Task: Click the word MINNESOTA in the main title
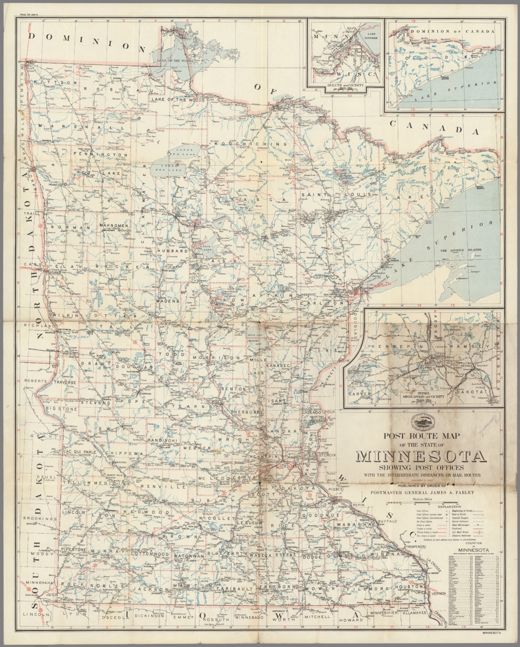421,457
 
